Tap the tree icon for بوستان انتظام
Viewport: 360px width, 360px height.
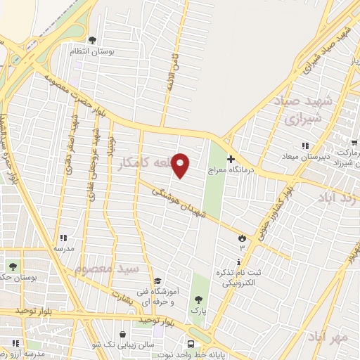tap(92, 40)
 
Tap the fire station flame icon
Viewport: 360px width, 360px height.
tap(243, 237)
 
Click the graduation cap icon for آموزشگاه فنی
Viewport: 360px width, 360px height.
tap(157, 281)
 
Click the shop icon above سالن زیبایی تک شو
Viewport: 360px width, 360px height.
tap(124, 335)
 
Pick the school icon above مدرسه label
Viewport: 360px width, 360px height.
tap(64, 238)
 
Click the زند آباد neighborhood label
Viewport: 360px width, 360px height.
tap(337, 197)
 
